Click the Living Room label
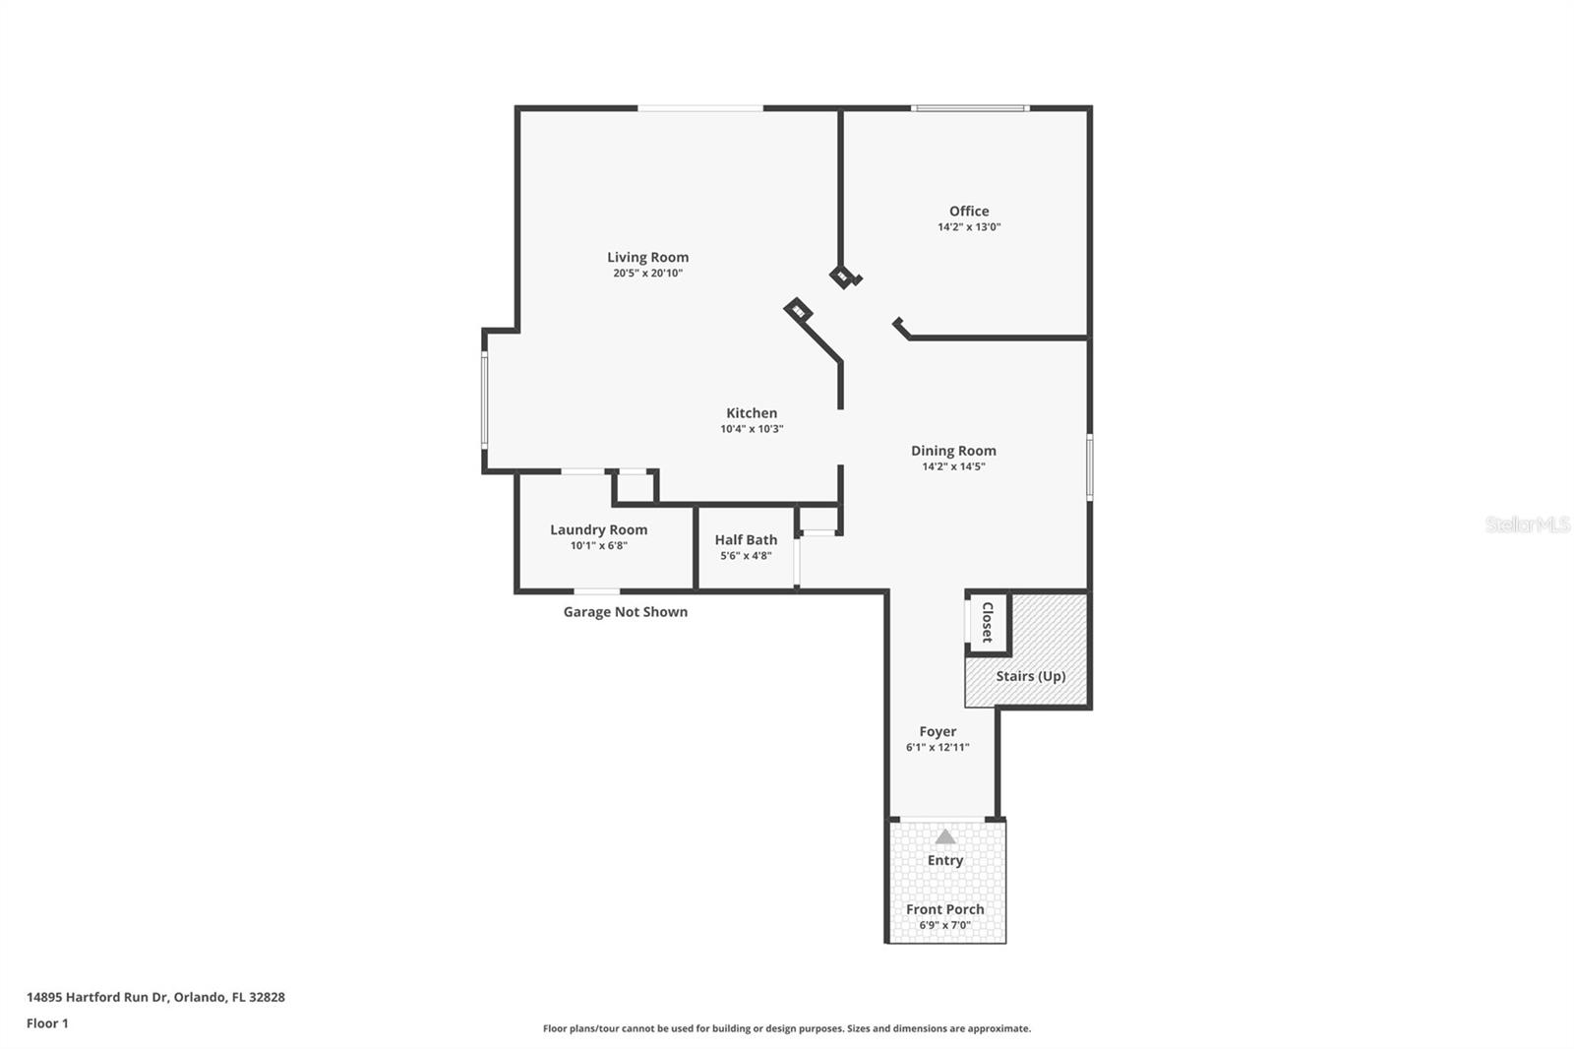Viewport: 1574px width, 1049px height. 647,258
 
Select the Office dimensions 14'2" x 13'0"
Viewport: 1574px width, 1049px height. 968,227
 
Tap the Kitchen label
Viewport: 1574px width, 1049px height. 752,413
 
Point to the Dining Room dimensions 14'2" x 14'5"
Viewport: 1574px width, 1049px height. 952,467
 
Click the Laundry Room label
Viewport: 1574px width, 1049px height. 598,529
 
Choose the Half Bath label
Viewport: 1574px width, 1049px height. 746,539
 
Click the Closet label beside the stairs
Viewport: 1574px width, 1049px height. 988,622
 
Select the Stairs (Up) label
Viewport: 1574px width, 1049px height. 1030,676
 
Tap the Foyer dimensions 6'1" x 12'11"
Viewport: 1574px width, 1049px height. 937,748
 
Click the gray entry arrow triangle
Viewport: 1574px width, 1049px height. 945,837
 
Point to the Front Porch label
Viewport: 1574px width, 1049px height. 944,909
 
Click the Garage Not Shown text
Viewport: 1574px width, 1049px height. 625,612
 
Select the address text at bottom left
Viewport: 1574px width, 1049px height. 155,997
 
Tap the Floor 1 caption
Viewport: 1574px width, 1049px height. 47,1023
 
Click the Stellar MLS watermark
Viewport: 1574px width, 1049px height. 1527,524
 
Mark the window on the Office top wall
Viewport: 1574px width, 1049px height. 969,108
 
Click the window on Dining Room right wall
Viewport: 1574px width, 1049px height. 1089,466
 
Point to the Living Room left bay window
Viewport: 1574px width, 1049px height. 484,401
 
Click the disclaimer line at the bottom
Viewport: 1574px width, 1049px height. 786,1028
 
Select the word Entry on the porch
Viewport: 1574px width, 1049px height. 945,860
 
